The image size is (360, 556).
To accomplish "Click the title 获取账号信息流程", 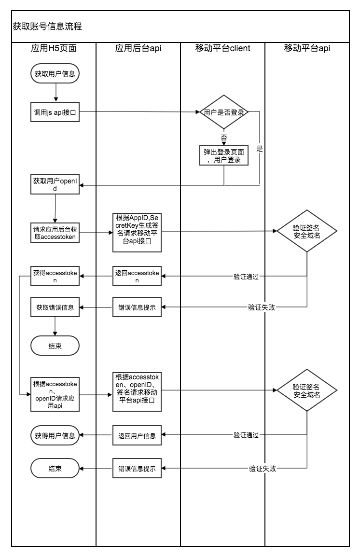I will tap(47, 27).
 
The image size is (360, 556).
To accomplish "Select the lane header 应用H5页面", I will tap(54, 48).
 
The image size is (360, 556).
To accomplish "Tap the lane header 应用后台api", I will tap(138, 48).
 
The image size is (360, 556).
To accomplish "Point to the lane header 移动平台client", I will tap(222, 48).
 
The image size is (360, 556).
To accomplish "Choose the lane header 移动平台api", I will tap(307, 48).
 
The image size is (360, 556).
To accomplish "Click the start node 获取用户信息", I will tap(55, 74).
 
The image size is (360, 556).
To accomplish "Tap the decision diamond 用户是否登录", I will tap(224, 112).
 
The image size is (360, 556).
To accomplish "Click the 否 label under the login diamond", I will tap(224, 138).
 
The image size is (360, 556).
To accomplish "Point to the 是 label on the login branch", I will tap(260, 149).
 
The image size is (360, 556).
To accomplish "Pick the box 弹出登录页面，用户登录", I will tap(224, 155).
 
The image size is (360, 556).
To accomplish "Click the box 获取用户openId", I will tap(55, 185).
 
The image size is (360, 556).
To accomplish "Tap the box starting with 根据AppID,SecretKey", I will tap(137, 233).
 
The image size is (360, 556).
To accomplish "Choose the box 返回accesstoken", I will tap(137, 276).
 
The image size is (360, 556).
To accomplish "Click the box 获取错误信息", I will tap(55, 307).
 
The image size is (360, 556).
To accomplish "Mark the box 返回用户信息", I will tap(137, 435).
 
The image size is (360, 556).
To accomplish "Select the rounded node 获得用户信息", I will tap(55, 435).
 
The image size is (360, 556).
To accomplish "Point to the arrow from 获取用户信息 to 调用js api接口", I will tap(56, 92).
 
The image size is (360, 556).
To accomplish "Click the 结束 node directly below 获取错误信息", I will tap(55, 346).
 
